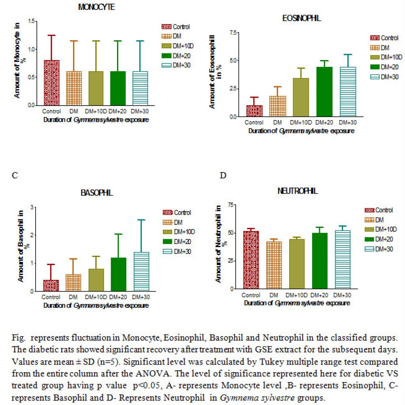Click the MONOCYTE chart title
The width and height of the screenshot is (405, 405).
[x=97, y=7]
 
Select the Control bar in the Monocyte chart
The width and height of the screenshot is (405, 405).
[x=52, y=83]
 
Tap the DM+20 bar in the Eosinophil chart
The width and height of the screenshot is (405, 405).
[x=324, y=92]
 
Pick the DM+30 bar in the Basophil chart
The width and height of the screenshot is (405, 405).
[x=141, y=271]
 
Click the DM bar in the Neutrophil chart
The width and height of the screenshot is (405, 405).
[x=274, y=265]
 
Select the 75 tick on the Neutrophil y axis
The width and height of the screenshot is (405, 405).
[x=231, y=205]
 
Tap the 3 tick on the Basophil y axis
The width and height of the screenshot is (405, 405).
[x=32, y=207]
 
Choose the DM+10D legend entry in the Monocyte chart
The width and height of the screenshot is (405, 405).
[x=178, y=46]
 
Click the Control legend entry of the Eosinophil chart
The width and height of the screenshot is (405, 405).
[x=384, y=38]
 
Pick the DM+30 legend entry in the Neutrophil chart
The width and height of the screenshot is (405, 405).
[x=379, y=249]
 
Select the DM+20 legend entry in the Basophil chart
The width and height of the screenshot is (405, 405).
[x=177, y=242]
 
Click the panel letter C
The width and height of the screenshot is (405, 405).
[x=15, y=175]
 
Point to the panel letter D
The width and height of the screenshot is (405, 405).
[x=223, y=175]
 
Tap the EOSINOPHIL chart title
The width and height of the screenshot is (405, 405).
[x=301, y=18]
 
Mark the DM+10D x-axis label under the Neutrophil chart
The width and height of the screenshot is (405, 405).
[x=297, y=295]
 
